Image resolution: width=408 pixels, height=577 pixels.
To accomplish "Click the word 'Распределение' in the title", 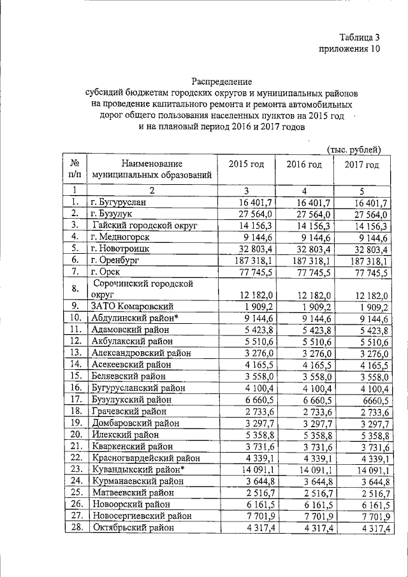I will (x=222, y=82).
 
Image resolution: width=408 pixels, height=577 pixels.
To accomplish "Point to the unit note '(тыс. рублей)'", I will (x=354, y=149).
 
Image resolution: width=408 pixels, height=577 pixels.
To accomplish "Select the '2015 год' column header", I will (x=246, y=164).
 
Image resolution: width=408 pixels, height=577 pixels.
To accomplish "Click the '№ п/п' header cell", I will (x=75, y=168).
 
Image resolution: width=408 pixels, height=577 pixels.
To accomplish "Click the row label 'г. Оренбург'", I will (x=115, y=260).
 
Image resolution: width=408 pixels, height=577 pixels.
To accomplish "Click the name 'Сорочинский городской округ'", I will (x=143, y=288).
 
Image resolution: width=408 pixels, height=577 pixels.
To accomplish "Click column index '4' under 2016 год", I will (x=304, y=190).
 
